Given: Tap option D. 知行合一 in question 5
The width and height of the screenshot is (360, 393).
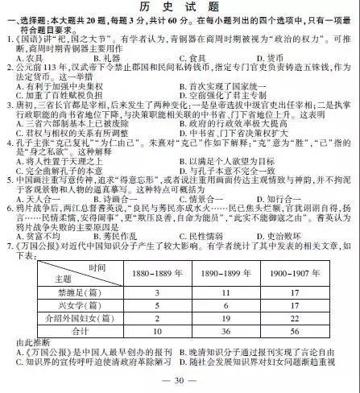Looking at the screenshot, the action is click(x=292, y=198).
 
